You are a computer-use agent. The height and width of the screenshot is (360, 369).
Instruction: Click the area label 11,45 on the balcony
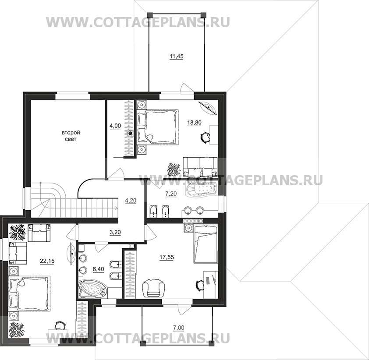click(x=177, y=56)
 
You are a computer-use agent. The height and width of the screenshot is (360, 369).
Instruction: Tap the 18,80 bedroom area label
click(x=194, y=123)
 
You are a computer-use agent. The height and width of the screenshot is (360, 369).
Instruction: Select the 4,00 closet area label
click(x=115, y=126)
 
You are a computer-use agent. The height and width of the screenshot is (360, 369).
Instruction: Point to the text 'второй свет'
click(x=71, y=136)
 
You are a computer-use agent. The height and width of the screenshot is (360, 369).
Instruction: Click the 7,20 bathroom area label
click(x=171, y=194)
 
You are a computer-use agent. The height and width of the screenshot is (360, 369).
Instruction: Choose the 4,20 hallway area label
click(x=131, y=201)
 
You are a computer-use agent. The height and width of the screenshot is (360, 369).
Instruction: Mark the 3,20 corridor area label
click(x=115, y=232)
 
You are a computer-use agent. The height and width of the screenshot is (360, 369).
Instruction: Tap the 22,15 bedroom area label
click(x=47, y=261)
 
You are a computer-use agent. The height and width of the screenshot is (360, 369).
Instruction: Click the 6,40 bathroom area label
click(x=98, y=269)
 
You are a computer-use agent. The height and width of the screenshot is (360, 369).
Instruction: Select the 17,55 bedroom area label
click(x=167, y=257)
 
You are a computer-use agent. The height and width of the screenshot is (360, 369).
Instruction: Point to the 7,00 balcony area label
click(x=179, y=328)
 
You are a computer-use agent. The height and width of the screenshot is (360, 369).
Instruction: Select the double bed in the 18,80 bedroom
click(x=158, y=127)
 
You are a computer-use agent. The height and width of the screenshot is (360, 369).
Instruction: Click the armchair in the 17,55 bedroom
click(x=153, y=288)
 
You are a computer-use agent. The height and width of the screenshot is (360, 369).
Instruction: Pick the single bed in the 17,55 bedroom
click(x=205, y=244)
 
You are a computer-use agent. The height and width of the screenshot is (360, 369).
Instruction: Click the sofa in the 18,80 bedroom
click(x=200, y=167)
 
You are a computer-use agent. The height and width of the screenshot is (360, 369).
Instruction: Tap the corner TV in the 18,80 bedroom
click(x=208, y=108)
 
